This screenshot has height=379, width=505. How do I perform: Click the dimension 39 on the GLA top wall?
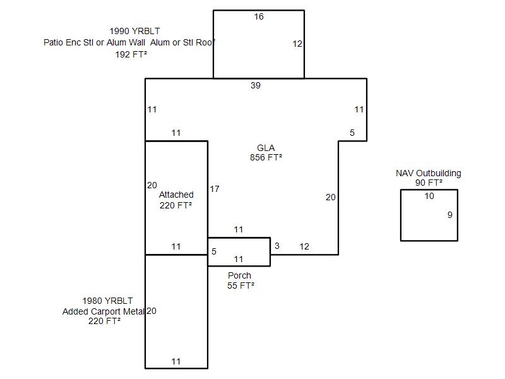point(255,85)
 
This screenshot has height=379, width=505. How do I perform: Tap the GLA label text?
point(266,148)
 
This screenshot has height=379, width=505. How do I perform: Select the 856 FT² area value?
point(266,158)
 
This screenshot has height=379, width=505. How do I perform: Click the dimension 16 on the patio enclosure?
point(259,16)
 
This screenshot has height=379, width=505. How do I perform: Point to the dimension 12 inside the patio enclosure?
point(298,44)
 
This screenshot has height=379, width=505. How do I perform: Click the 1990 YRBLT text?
point(134,31)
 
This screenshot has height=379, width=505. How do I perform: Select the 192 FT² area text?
point(131,55)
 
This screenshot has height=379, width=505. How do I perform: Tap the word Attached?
point(176,195)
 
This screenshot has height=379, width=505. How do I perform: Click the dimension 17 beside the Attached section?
point(215,189)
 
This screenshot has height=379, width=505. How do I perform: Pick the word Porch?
point(239,275)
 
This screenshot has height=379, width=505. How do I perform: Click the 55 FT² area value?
point(241,286)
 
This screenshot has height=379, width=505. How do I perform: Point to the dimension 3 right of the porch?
point(276,246)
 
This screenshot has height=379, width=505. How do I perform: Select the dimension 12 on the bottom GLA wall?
point(304,246)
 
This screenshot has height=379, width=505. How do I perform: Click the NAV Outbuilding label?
point(429,173)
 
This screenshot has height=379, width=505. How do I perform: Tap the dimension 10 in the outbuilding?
point(429,196)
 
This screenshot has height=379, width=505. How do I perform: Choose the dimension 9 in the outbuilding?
point(450,215)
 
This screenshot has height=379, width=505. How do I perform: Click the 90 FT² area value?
point(429,183)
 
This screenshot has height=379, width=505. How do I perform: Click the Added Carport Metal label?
point(104,311)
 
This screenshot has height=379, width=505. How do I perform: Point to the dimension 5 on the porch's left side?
point(214,251)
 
